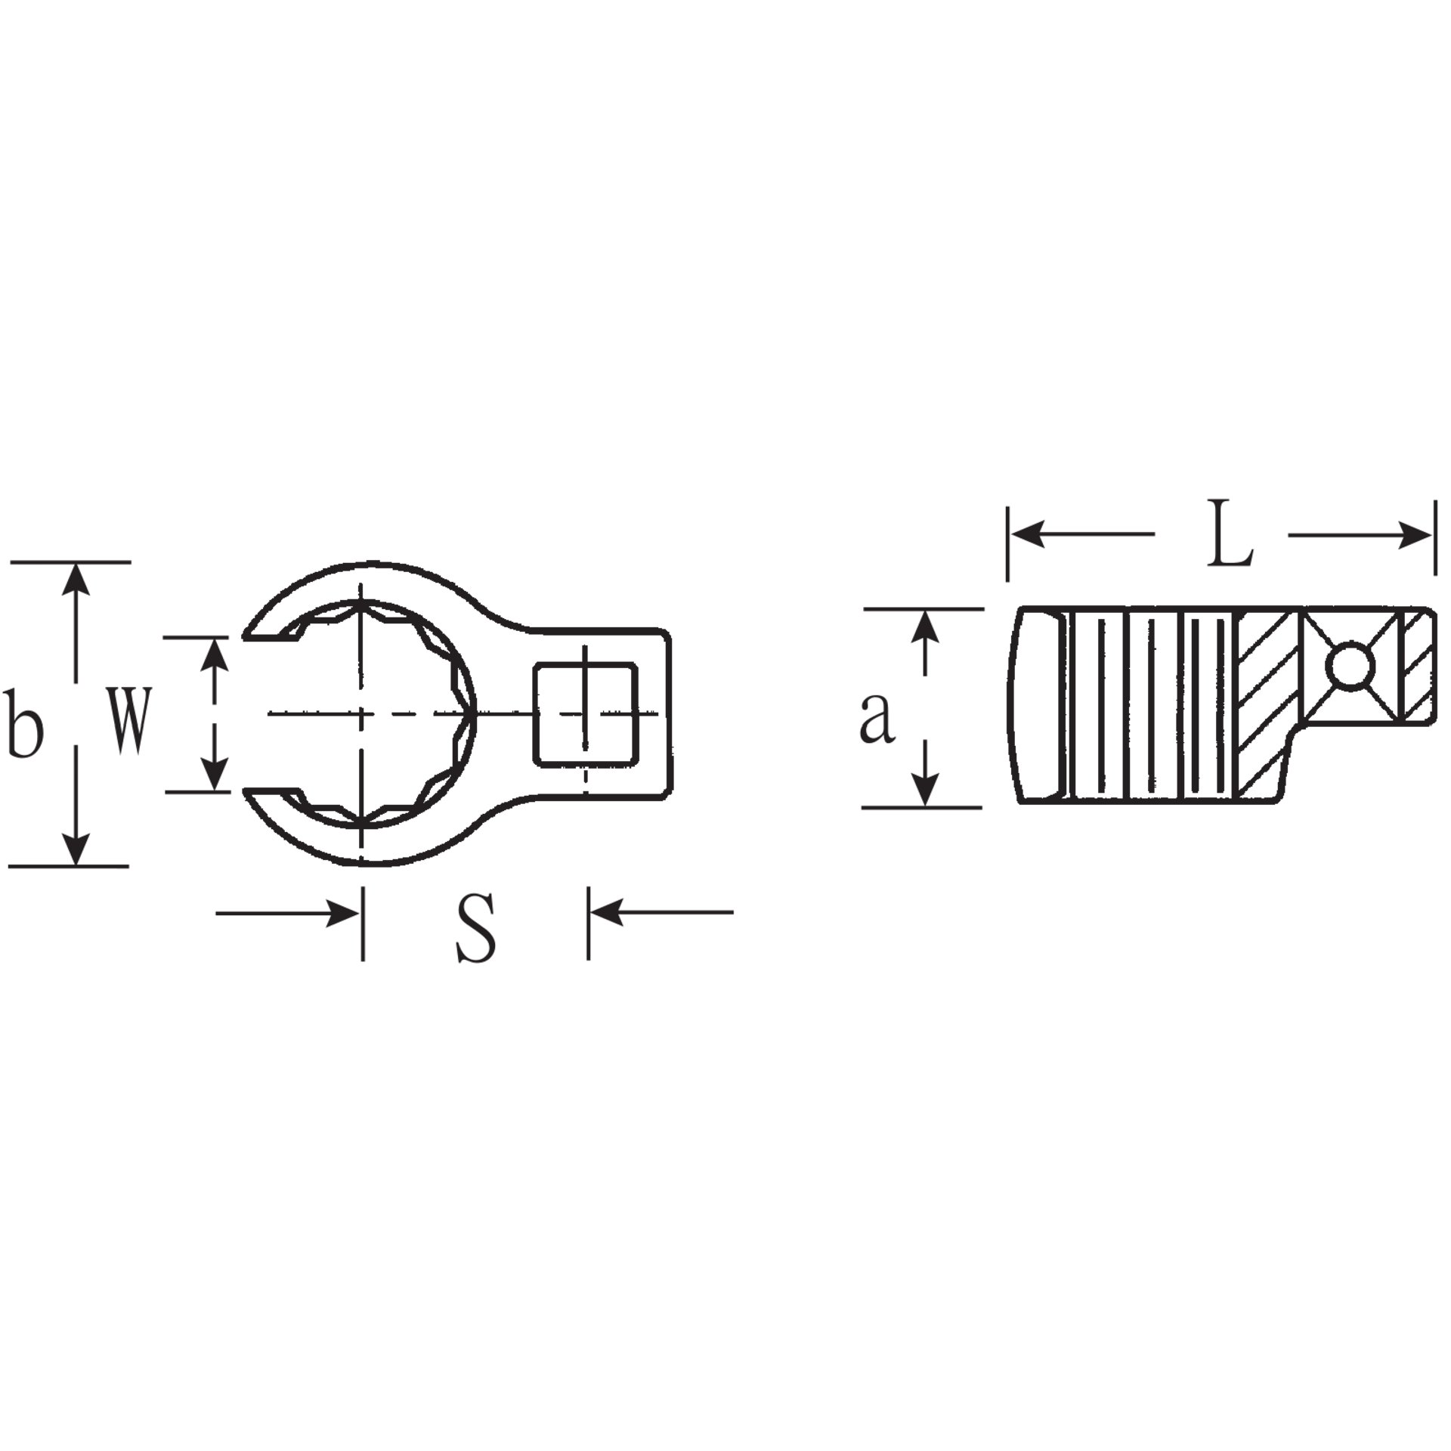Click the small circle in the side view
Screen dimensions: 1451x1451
[x=1350, y=666]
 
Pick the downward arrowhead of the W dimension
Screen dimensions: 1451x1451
[x=215, y=775]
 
